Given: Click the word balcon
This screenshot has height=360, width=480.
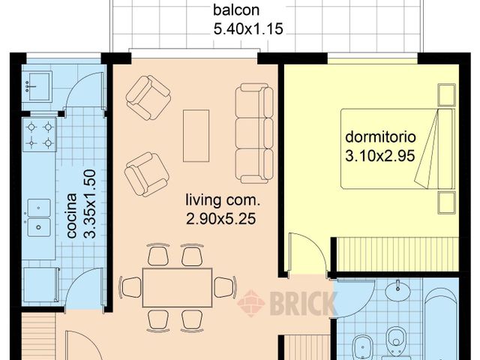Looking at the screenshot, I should pyautogui.click(x=237, y=11).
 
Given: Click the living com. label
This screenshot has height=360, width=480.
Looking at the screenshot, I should pyautogui.click(x=223, y=201).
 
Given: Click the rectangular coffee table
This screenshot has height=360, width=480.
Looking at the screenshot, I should pyautogui.click(x=196, y=136).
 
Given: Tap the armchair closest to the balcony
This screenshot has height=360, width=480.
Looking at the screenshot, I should pyautogui.click(x=148, y=95).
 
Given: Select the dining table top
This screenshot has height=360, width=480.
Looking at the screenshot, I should pyautogui.click(x=177, y=286).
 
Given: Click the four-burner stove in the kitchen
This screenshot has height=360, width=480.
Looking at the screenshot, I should pyautogui.click(x=40, y=134).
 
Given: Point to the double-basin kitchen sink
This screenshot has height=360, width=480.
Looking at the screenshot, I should pyautogui.click(x=39, y=217).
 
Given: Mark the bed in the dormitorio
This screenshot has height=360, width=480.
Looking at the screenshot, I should pyautogui.click(x=397, y=148).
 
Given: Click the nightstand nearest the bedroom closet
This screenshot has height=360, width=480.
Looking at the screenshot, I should pyautogui.click(x=447, y=202).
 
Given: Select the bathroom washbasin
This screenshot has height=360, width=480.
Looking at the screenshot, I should pyautogui.click(x=397, y=291).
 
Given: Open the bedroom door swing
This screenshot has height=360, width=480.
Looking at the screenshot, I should pyautogui.click(x=305, y=251).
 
